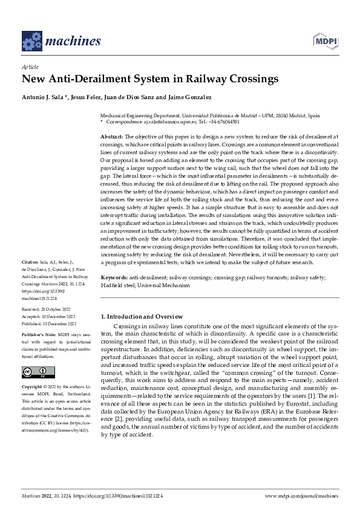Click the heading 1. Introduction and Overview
(x=141, y=316)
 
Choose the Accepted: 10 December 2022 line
(x=47, y=316)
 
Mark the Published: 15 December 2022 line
(x=48, y=323)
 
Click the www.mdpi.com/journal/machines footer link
(x=301, y=495)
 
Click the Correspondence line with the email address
(x=179, y=121)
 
